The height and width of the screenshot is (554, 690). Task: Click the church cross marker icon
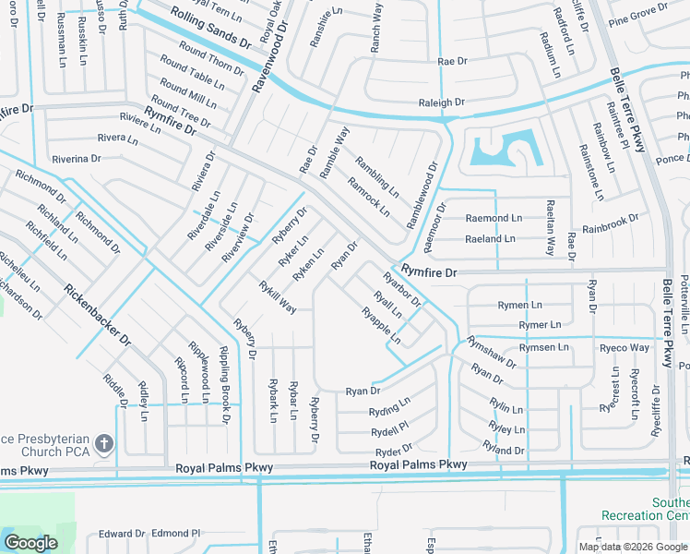tap(103, 444)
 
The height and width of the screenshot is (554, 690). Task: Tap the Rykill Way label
tap(277, 296)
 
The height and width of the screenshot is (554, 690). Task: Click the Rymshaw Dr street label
tap(491, 352)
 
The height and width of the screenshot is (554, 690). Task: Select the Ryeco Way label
tap(625, 348)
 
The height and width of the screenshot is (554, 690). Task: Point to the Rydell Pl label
tap(389, 432)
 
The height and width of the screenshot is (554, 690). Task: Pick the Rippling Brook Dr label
tap(224, 384)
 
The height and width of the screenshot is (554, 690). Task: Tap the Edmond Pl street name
tap(175, 534)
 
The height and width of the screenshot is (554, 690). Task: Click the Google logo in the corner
tap(30, 543)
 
